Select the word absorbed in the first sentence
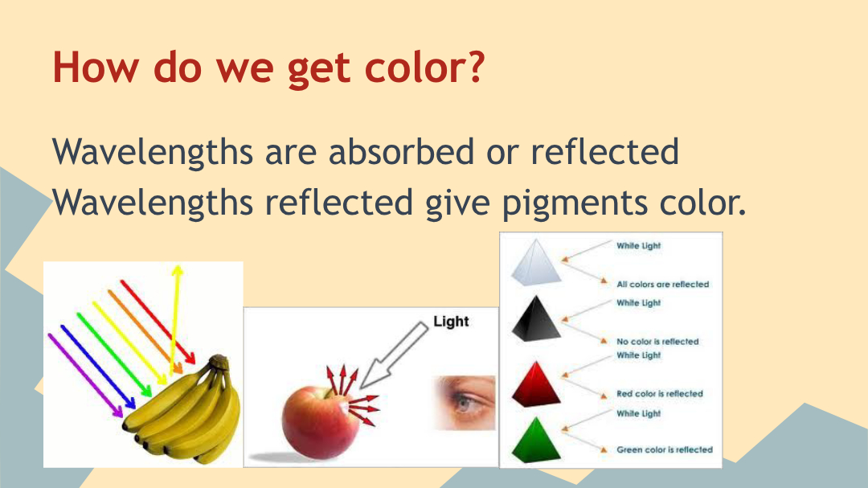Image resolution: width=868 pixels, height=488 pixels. pyautogui.click(x=401, y=151)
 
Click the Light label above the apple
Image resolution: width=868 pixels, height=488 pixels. pyautogui.click(x=451, y=322)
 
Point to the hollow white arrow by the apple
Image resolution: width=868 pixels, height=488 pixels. pyautogui.click(x=394, y=355)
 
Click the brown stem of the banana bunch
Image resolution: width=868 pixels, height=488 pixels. pyautogui.click(x=219, y=362)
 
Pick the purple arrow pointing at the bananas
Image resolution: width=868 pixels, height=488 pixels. pyautogui.click(x=85, y=375)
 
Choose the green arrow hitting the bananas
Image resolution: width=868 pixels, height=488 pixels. pyautogui.click(x=114, y=355)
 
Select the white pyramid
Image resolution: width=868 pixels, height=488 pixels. pyautogui.click(x=535, y=263)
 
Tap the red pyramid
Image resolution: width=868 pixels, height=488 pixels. pyautogui.click(x=536, y=384)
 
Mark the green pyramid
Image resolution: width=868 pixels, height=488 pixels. pyautogui.click(x=536, y=441)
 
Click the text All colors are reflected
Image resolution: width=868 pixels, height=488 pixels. pyautogui.click(x=662, y=284)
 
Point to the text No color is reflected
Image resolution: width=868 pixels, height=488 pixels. pyautogui.click(x=657, y=342)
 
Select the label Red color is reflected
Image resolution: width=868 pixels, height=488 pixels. pyautogui.click(x=660, y=394)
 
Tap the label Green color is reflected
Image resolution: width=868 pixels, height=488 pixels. pyautogui.click(x=665, y=449)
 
